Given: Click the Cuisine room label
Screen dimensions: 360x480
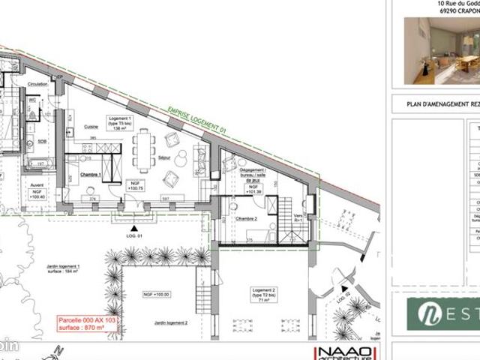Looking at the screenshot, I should pos(91,126).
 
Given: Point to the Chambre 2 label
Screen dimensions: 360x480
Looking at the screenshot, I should pos(245,218).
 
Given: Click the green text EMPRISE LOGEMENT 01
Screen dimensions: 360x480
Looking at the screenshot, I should pos(197,120).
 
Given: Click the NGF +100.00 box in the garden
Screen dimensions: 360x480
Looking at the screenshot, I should pos(152,295).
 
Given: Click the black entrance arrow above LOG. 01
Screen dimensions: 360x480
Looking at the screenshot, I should pos(133,227).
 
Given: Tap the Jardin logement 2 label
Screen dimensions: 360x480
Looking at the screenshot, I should pos(171,323).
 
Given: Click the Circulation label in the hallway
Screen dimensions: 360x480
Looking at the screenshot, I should pos(37,84).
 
